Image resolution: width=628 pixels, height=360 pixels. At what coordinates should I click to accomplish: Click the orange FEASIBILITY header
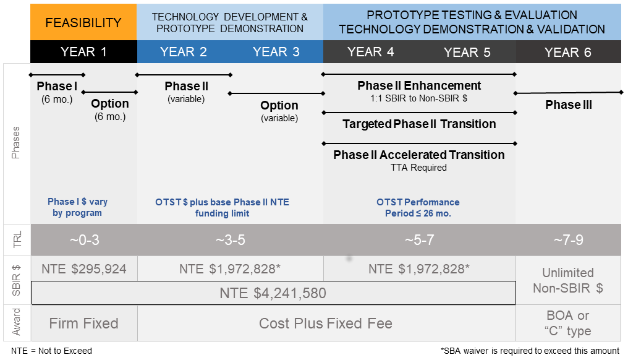[x=83, y=23]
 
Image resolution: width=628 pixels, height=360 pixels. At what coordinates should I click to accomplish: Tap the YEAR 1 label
[x=83, y=52]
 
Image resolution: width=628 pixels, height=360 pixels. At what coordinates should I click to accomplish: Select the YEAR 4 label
[x=370, y=52]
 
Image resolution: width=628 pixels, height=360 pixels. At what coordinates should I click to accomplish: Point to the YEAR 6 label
[x=567, y=53]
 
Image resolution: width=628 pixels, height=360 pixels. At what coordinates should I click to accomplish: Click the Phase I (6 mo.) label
[x=57, y=92]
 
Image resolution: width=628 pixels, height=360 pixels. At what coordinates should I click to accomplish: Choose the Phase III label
[x=568, y=105]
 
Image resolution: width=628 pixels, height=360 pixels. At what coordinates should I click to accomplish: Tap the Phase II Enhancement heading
[x=418, y=85]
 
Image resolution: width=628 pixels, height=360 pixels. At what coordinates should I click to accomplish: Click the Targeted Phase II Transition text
[x=418, y=124]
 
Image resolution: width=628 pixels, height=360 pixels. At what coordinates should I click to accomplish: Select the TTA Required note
[x=418, y=168]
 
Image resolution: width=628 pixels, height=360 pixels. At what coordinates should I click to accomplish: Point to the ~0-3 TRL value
[x=83, y=240]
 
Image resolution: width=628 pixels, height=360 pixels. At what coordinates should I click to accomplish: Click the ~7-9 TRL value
[x=567, y=240]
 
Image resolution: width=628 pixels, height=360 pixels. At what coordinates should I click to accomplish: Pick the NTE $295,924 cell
[x=83, y=269]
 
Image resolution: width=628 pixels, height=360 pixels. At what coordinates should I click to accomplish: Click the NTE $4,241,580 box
[x=273, y=293]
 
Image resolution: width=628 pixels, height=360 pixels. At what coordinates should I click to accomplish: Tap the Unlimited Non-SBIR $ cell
[x=567, y=280]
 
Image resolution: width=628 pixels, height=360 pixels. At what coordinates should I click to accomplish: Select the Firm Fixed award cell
[x=83, y=323]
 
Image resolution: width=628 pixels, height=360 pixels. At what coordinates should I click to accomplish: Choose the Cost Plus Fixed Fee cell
[x=325, y=323]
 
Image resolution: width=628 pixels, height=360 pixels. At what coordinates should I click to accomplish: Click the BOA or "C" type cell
[x=567, y=323]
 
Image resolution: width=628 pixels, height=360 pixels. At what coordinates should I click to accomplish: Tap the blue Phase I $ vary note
[x=77, y=207]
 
